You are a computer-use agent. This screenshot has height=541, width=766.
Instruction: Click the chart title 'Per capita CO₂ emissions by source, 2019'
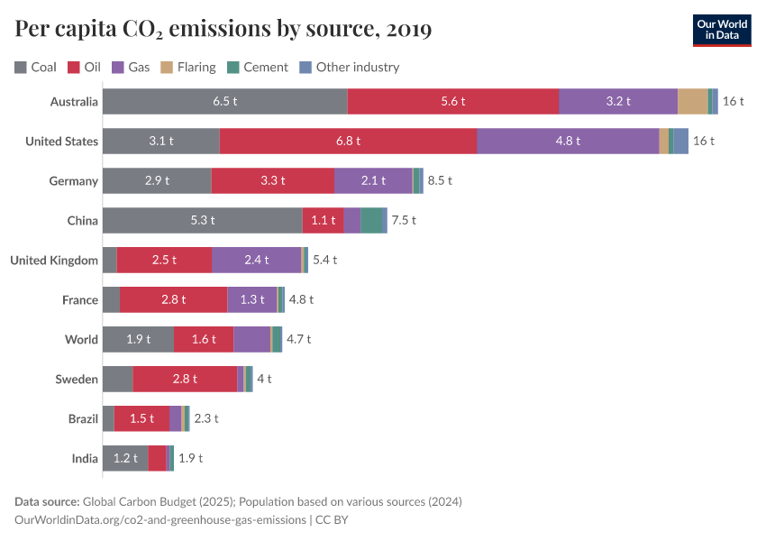point(223,30)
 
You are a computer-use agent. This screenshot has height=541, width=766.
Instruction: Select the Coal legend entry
point(36,67)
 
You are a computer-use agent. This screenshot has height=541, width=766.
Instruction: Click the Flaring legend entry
point(188,67)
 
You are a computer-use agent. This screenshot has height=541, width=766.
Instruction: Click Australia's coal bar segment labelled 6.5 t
point(224,101)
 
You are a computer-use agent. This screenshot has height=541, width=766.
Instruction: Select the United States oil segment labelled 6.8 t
point(348,141)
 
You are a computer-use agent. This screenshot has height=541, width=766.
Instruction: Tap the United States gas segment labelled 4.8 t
point(568,141)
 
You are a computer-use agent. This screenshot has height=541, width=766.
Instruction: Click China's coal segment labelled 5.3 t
point(202,220)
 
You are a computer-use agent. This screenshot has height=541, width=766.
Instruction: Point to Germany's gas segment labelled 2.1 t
point(373,180)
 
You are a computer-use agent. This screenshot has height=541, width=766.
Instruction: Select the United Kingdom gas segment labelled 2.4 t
point(256,260)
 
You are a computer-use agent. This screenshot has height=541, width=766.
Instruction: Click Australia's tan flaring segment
point(692,101)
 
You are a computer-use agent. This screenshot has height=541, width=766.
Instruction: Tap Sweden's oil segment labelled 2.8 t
point(185,379)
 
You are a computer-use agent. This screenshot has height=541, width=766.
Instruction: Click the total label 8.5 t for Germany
point(440,180)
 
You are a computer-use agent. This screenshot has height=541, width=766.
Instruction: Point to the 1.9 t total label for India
point(190,458)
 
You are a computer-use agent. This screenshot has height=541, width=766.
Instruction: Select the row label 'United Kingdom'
point(54,260)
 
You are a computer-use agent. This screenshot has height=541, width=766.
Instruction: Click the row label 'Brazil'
point(83,418)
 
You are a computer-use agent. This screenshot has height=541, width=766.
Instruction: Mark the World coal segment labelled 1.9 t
point(138,339)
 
